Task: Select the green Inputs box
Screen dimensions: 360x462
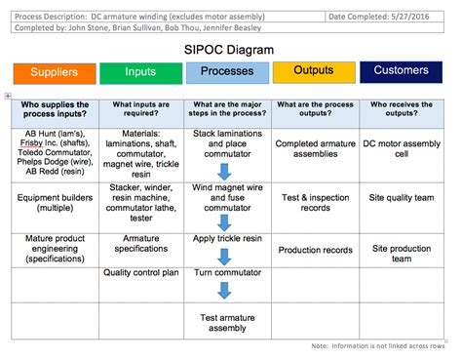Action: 139,72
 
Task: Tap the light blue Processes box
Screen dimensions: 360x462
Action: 227,71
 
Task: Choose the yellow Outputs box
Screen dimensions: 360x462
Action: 315,70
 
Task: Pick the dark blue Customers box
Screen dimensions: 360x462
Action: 402,70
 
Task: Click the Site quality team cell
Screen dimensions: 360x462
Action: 402,198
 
